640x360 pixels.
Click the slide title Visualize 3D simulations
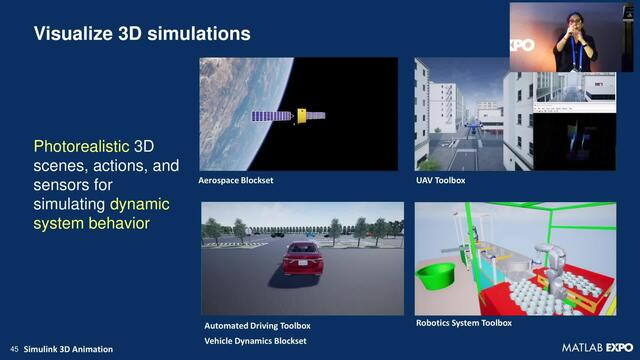[142, 34]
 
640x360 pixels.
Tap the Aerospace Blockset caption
[237, 181]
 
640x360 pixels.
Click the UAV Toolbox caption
[440, 181]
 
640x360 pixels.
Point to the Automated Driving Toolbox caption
[257, 326]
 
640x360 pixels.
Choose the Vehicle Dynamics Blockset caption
[255, 341]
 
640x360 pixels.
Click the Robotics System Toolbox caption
[463, 323]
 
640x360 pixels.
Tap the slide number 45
[14, 349]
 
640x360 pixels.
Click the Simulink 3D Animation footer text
[69, 349]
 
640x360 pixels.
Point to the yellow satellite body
[299, 117]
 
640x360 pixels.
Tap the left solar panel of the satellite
[271, 116]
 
